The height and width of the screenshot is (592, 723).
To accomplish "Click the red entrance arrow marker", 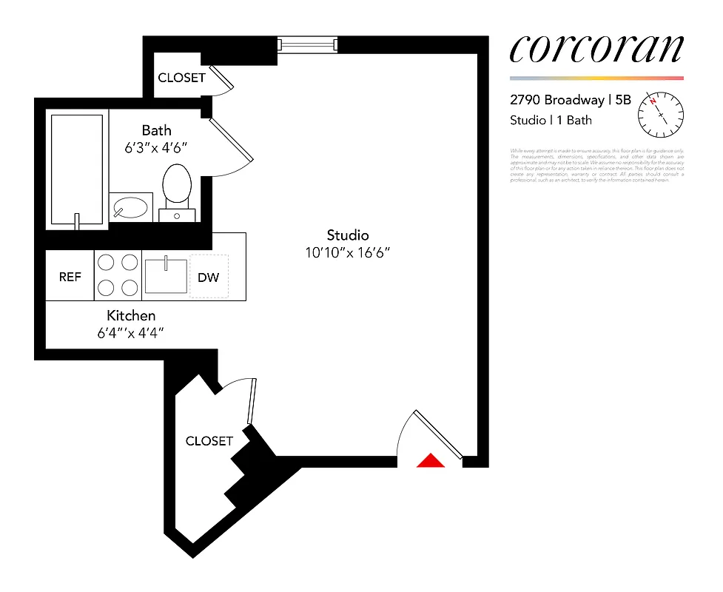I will pos(430,461).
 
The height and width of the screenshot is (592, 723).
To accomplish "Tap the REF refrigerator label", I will pos(70,277).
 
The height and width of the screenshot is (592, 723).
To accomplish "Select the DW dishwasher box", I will pos(209,277).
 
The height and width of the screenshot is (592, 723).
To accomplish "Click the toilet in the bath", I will pos(177,186).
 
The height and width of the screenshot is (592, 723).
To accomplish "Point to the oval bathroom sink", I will pos(132,208).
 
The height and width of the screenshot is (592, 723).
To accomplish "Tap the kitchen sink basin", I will pos(166,275).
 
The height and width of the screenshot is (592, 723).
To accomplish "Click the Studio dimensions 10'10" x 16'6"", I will pos(348,252).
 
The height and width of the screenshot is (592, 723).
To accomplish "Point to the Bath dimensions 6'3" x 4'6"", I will pos(156,147).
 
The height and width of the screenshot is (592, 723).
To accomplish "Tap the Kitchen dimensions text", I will pos(130,333).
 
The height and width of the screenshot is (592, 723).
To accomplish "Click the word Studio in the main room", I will pos(348,235).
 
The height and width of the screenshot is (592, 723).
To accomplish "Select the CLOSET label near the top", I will pos(181,78).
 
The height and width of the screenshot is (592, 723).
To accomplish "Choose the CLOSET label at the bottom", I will pos(209,441).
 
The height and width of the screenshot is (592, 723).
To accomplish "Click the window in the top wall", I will pos(307,45).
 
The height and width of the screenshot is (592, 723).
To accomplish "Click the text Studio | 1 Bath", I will pos(551,120).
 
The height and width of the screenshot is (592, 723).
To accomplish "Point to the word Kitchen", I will pos(131,316).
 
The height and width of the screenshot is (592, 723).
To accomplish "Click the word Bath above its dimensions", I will pos(156,131).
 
